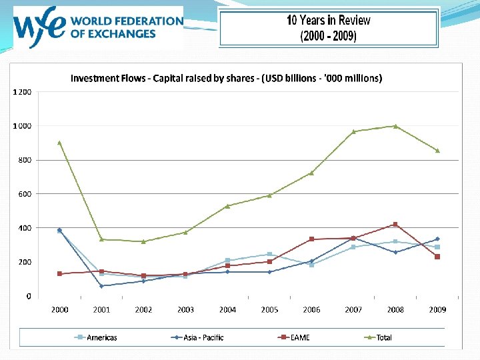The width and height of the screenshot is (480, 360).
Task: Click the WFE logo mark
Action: (41, 27)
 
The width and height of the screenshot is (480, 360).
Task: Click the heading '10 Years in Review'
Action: (328, 20)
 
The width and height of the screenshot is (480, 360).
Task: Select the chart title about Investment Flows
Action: (227, 79)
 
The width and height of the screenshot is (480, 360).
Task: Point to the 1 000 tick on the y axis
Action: (23, 125)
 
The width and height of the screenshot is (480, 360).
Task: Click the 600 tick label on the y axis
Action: (25, 194)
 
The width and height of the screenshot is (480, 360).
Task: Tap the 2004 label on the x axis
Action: (227, 309)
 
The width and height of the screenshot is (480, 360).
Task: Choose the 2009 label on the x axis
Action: (437, 309)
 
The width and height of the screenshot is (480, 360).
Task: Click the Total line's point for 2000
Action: (59, 142)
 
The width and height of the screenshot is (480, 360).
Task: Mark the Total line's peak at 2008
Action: (395, 126)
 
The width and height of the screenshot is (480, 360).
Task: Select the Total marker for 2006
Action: (311, 173)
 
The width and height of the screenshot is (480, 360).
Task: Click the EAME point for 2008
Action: (395, 224)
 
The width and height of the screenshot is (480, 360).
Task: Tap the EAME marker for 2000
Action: (59, 273)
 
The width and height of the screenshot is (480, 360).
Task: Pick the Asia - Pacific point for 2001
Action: (101, 286)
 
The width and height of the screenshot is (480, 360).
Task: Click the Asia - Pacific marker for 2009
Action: (437, 239)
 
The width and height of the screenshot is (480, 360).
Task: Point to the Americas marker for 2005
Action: (269, 254)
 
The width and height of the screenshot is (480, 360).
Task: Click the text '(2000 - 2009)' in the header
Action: (328, 36)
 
